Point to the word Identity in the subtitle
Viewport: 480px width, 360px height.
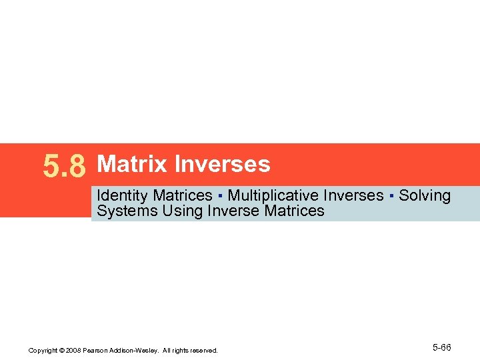123,196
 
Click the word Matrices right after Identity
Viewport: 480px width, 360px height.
182,196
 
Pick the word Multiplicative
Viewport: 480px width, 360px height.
273,196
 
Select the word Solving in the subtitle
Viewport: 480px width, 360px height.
425,196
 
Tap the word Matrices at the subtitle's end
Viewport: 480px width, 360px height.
295,211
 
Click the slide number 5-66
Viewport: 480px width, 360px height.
441,348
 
